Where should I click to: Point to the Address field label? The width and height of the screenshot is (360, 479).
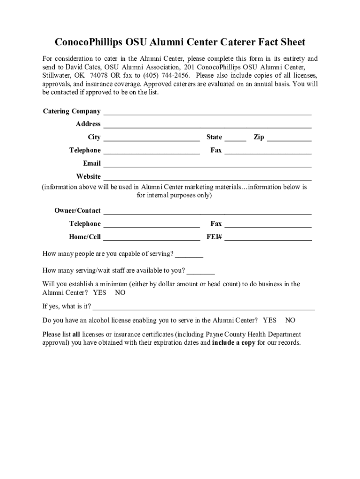pos(88,124)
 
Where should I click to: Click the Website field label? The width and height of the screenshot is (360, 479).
pos(88,176)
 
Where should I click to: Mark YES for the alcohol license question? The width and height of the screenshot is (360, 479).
pos(270,320)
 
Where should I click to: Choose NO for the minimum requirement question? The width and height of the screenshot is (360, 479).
pos(120,293)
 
